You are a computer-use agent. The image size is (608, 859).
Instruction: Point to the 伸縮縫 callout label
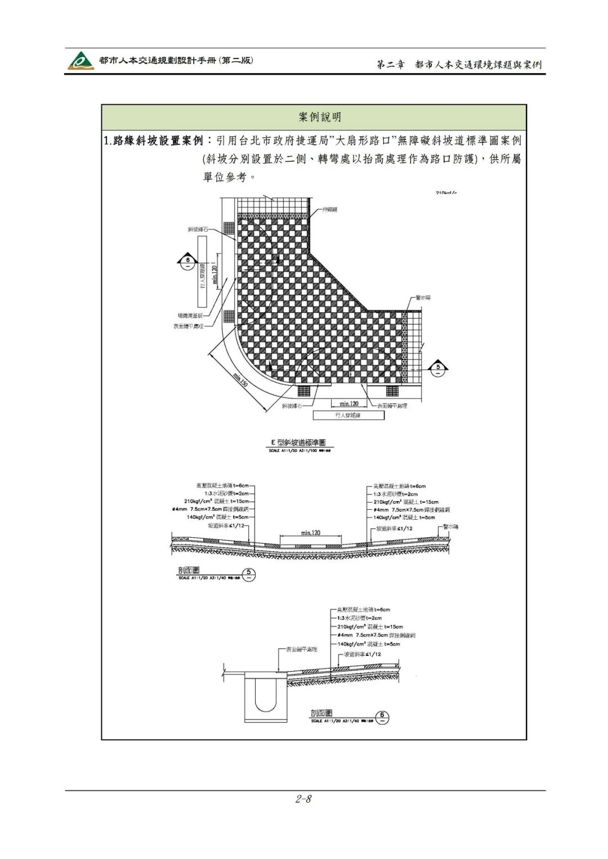coord(329,210)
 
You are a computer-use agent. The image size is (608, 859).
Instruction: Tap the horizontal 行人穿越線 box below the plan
coord(347,415)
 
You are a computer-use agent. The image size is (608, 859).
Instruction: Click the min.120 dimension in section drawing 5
coord(311,532)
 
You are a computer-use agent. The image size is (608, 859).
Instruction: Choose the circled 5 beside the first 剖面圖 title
coord(250,575)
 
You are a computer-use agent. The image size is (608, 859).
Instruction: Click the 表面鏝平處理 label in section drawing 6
coord(301,649)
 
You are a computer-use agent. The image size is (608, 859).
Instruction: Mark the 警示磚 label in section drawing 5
coord(451,527)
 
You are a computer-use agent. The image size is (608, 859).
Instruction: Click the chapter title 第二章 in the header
coord(391,65)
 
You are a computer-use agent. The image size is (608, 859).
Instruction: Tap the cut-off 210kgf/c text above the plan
coord(446,192)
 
